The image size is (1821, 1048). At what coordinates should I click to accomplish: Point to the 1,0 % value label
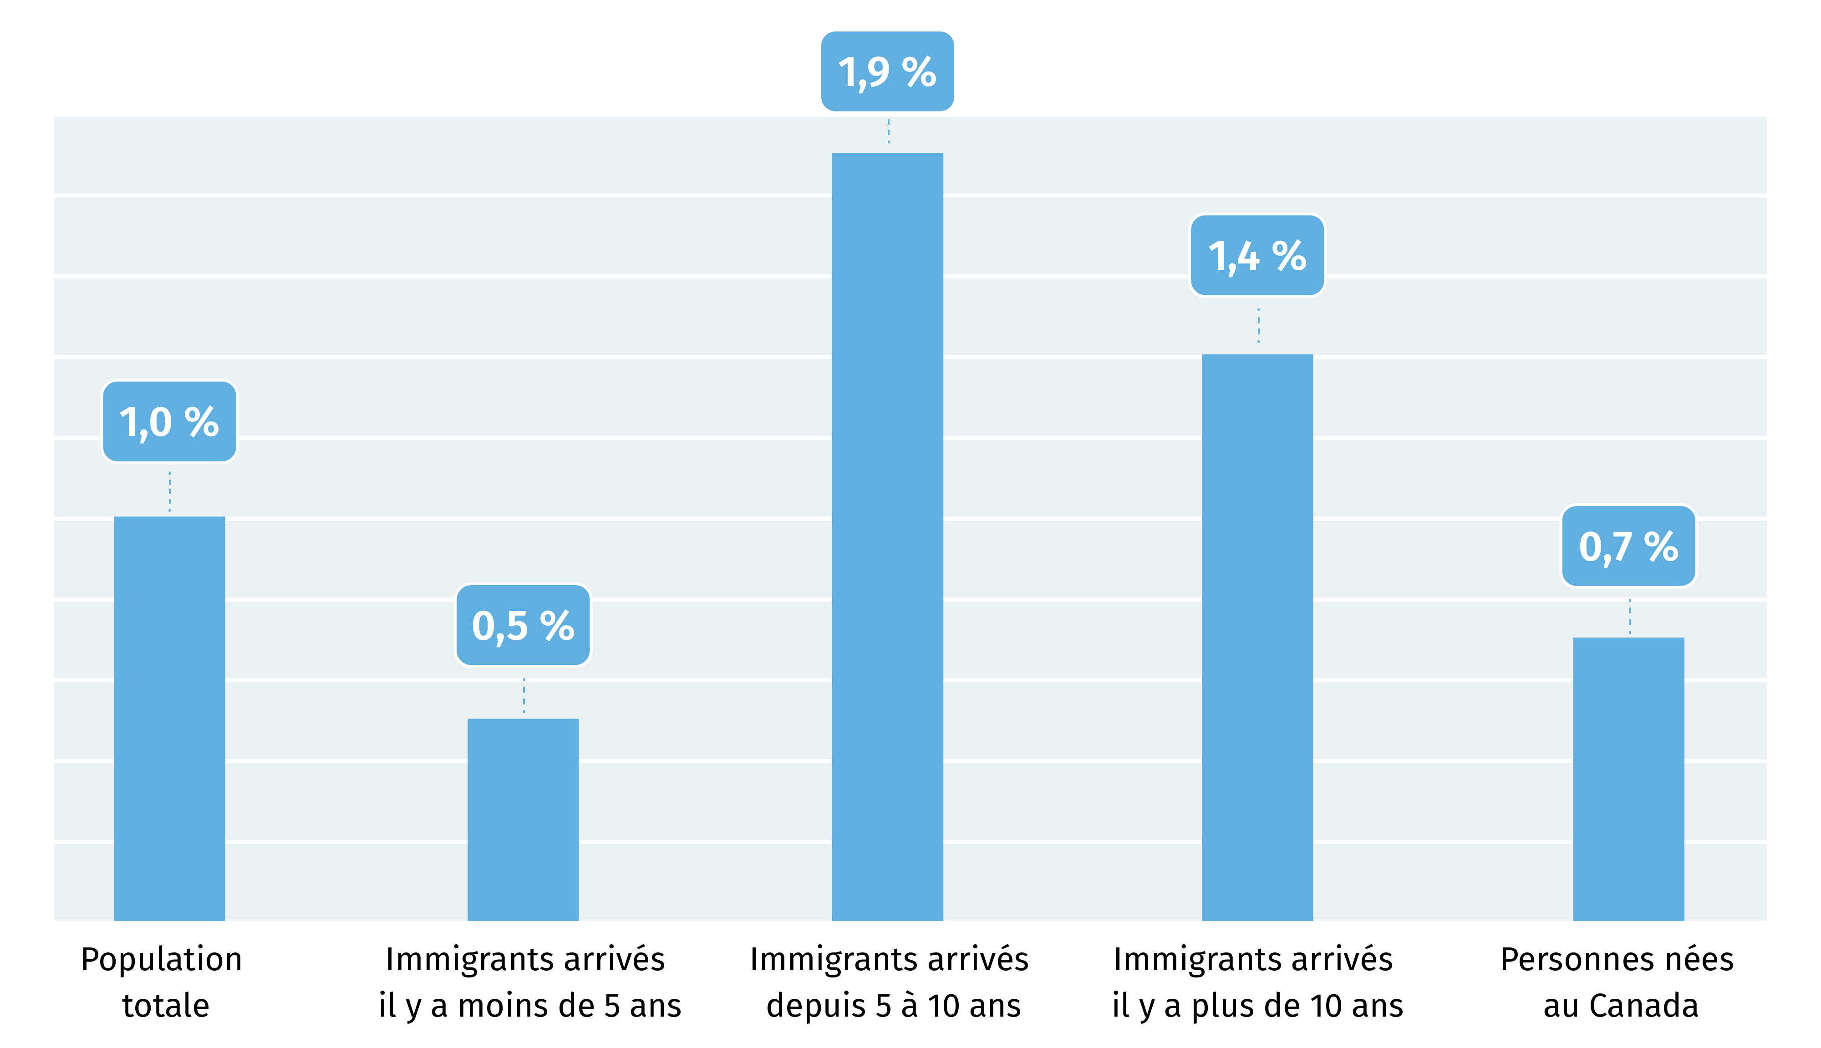pyautogui.click(x=169, y=422)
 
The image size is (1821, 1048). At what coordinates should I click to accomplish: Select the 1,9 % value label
pyautogui.click(x=887, y=72)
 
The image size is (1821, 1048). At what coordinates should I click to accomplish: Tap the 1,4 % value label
pyautogui.click(x=1257, y=256)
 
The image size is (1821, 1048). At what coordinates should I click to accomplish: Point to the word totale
pyautogui.click(x=166, y=1006)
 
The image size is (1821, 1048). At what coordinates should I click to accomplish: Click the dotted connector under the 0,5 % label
pyautogui.click(x=524, y=695)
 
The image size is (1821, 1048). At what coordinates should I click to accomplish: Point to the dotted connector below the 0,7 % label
pyautogui.click(x=1629, y=616)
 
